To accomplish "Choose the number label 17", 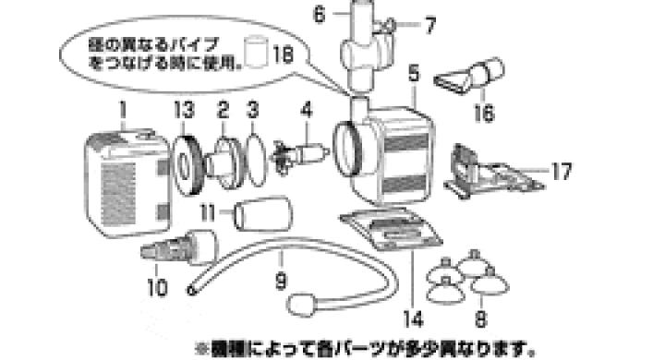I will [562, 171].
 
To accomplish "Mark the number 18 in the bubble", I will [284, 54].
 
